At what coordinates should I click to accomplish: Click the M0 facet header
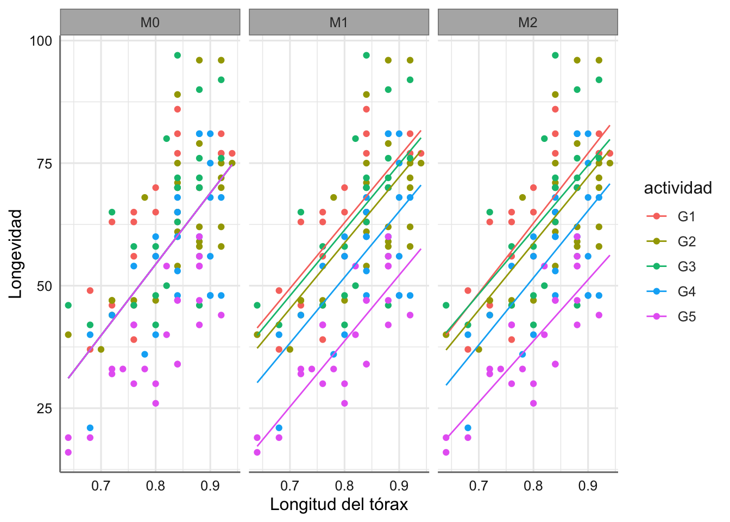click(x=150, y=22)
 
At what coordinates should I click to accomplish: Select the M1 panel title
click(x=339, y=22)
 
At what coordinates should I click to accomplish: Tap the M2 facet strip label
click(x=527, y=22)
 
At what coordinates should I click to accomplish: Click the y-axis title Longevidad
click(x=16, y=253)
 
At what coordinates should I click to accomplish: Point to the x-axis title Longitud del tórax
click(x=339, y=505)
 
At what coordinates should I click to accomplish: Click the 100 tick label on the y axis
click(x=41, y=41)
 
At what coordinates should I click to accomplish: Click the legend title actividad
click(x=678, y=188)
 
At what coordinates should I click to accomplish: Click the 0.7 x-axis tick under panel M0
click(x=101, y=486)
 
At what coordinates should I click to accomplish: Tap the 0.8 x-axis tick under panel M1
click(x=344, y=486)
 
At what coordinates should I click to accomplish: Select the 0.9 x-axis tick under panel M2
click(x=588, y=486)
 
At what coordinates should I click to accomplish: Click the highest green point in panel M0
click(x=178, y=55)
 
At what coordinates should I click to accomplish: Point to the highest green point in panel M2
click(x=555, y=55)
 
